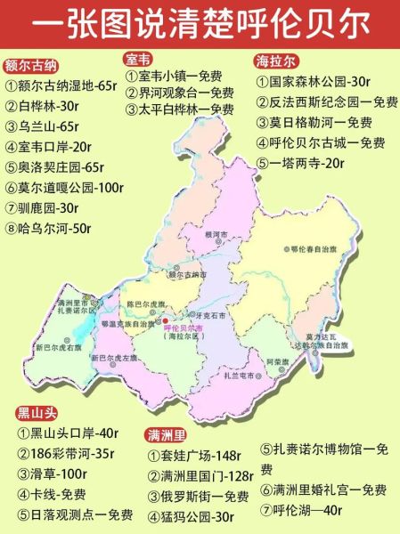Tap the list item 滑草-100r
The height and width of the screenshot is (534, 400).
(51, 474)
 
